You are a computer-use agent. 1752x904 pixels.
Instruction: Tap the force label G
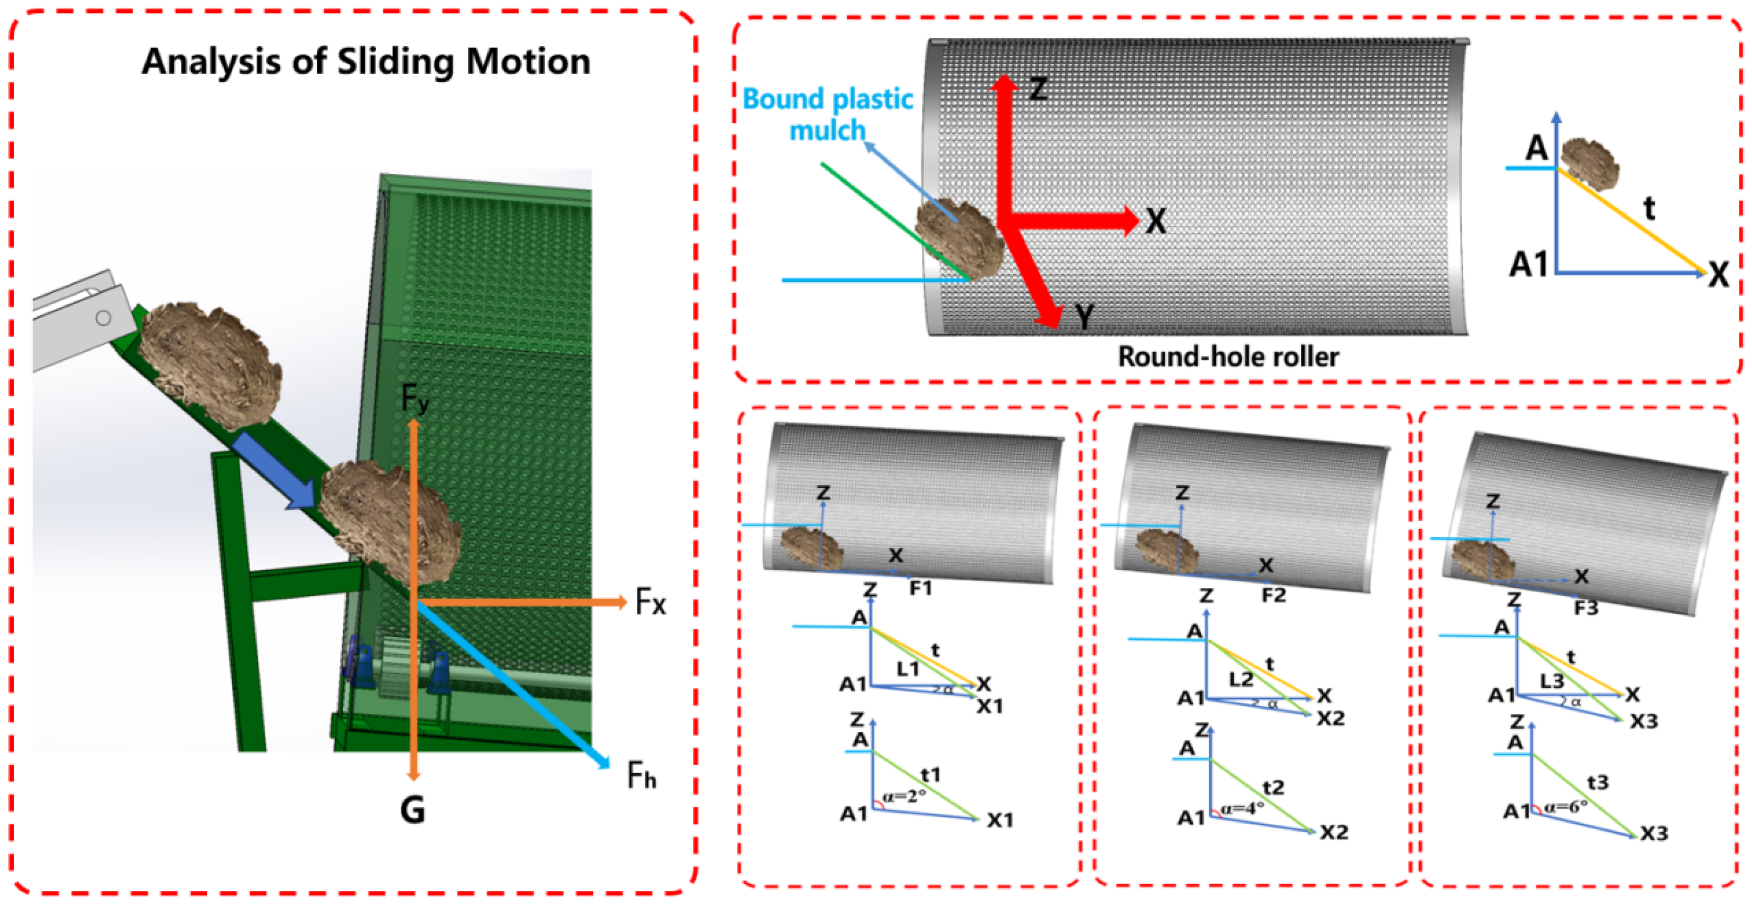[x=413, y=810]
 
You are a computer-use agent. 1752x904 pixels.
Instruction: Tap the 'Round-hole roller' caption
[x=1228, y=357]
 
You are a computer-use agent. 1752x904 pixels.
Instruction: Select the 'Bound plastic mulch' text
[x=828, y=114]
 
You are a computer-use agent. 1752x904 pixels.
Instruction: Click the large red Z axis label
[x=1038, y=89]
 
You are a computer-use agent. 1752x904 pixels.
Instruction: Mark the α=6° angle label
[x=1566, y=807]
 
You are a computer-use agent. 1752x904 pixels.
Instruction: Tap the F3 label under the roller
[x=1586, y=608]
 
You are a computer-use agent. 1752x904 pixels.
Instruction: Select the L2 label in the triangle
[x=1241, y=679]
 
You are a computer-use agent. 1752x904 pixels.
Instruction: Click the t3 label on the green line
[x=1597, y=783]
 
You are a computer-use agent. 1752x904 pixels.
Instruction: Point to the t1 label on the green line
[x=930, y=775]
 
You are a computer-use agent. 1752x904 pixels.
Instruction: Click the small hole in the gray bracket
[x=103, y=318]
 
